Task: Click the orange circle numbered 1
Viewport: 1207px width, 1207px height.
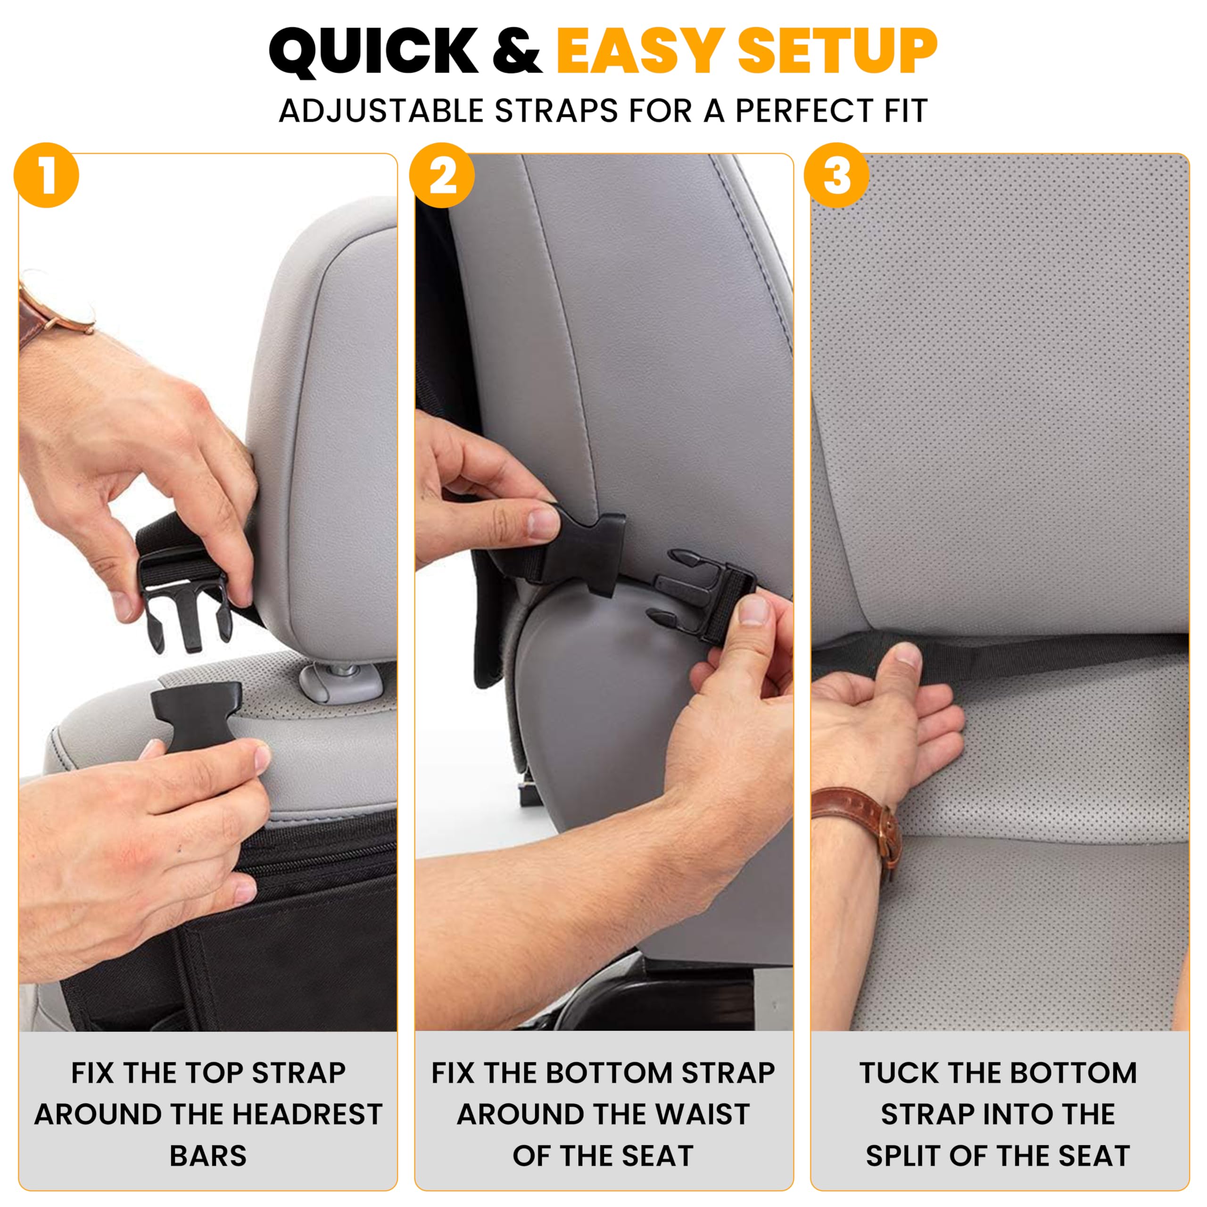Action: coord(46,175)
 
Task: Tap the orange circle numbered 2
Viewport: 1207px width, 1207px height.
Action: coord(442,175)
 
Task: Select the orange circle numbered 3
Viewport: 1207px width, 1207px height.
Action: coord(836,175)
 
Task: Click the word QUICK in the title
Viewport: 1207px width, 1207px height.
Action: coord(373,52)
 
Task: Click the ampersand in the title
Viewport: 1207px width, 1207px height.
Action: coord(516,52)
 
